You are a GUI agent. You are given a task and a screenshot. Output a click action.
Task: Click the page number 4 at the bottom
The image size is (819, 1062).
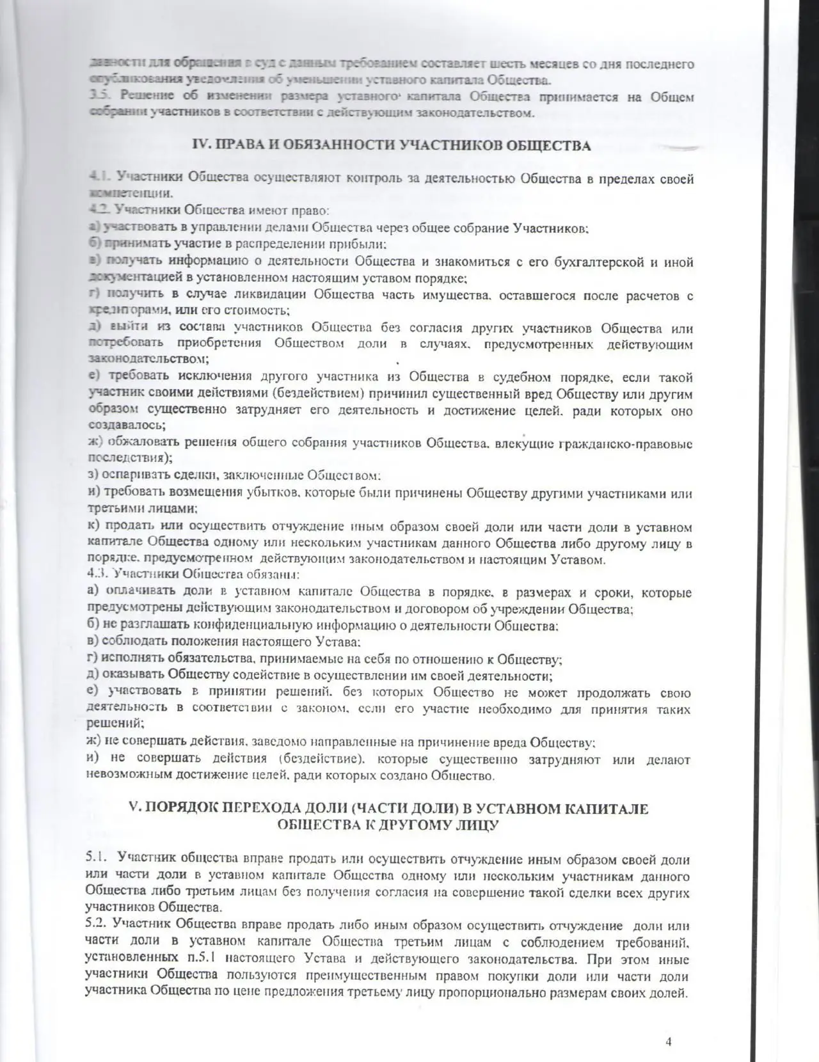[669, 1041]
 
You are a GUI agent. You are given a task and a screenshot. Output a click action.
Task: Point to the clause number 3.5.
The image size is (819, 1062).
[98, 97]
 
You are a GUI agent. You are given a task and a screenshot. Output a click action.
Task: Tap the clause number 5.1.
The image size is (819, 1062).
[97, 859]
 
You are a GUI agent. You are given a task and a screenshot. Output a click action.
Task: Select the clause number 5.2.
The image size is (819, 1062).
[97, 926]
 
